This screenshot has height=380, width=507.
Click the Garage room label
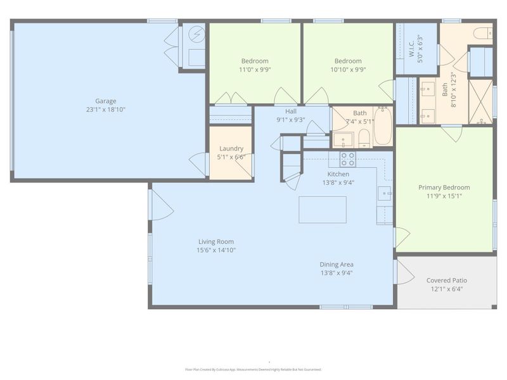(x=106, y=101)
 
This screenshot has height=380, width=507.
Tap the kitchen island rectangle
(x=323, y=210)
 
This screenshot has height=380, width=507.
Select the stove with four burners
(x=347, y=158)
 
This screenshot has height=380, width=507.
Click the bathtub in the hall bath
(x=383, y=127)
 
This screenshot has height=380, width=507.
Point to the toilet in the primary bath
(x=482, y=33)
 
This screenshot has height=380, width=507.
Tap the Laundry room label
(x=231, y=149)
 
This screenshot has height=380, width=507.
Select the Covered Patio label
(x=447, y=280)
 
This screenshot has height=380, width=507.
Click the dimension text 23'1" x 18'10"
(x=106, y=110)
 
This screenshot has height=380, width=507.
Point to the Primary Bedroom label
(x=444, y=187)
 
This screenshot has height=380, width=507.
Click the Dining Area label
(x=336, y=265)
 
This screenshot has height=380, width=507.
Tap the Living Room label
(x=216, y=241)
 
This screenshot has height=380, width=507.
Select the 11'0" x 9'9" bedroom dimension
(x=254, y=70)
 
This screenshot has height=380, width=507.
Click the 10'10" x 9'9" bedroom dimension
(x=348, y=70)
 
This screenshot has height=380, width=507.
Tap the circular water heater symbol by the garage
(x=196, y=34)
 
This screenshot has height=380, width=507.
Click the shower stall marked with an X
(x=480, y=101)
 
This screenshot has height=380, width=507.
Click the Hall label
(x=291, y=111)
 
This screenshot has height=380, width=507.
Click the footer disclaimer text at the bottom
(x=253, y=369)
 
